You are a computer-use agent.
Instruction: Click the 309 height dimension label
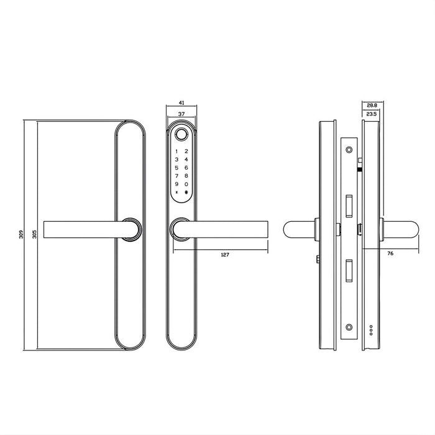tap(21, 235)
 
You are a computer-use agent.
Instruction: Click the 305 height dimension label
tap(33, 235)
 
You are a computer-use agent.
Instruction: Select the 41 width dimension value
tap(181, 103)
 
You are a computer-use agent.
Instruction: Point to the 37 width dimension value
tap(181, 114)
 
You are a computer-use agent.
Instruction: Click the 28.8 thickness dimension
tap(371, 106)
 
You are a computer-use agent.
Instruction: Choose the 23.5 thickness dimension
tap(371, 114)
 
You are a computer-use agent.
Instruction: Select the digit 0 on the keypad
tap(187, 184)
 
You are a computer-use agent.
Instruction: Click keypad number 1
tap(176, 152)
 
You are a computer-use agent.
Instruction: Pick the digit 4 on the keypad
tap(187, 160)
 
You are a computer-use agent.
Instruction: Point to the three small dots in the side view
tap(372, 331)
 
